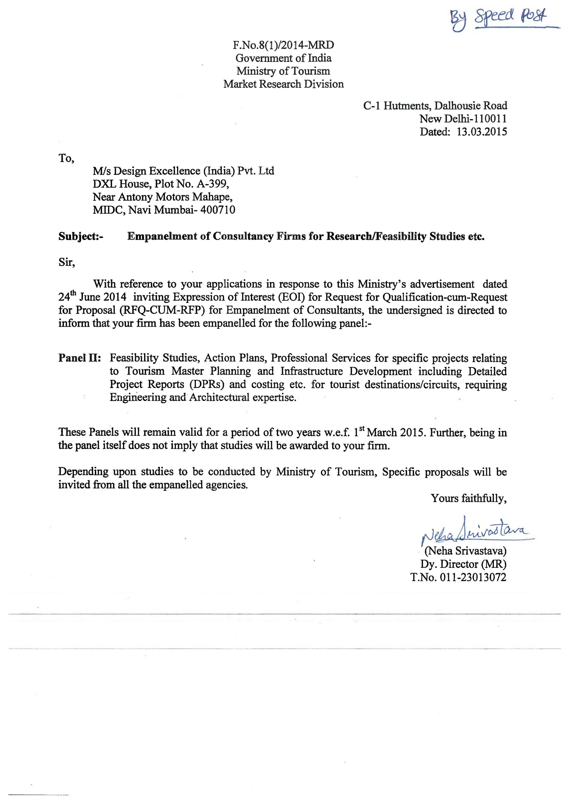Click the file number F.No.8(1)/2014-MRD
pos(283,45)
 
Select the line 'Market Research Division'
pos(284,84)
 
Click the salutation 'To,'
pos(66,158)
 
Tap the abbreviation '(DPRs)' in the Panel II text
pos(208,384)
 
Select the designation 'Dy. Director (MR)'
pos(463,564)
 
